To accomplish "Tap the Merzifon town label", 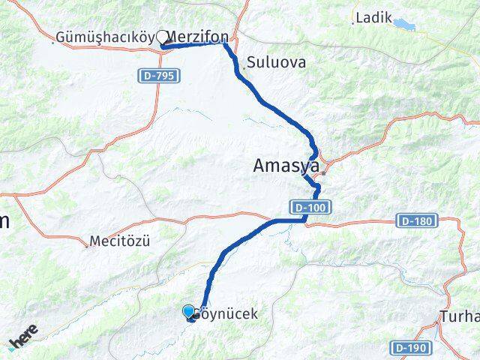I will (199, 36).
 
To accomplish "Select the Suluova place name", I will (277, 63).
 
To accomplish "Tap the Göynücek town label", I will (228, 314).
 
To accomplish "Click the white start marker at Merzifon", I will (162, 37).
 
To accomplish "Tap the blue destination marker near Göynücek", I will (188, 310).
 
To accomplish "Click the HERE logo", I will (22, 335).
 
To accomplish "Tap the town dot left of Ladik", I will (353, 22).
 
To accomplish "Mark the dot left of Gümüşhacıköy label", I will (52, 40).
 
